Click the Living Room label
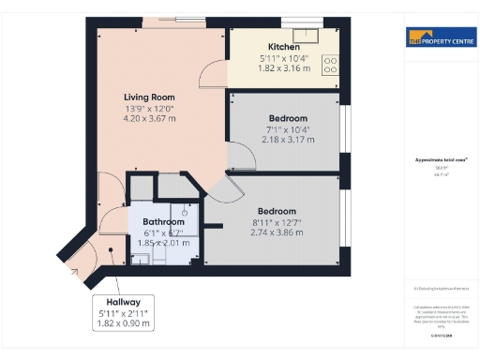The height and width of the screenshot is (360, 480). (x=149, y=97)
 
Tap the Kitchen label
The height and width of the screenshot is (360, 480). (x=284, y=47)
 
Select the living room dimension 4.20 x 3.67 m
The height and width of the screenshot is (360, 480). (x=149, y=119)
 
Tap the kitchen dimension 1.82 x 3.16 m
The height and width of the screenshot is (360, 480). (x=284, y=68)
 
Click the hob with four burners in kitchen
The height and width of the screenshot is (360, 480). (x=331, y=65)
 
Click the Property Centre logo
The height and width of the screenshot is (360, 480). (x=439, y=37)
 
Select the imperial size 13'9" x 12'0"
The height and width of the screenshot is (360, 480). (x=149, y=108)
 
